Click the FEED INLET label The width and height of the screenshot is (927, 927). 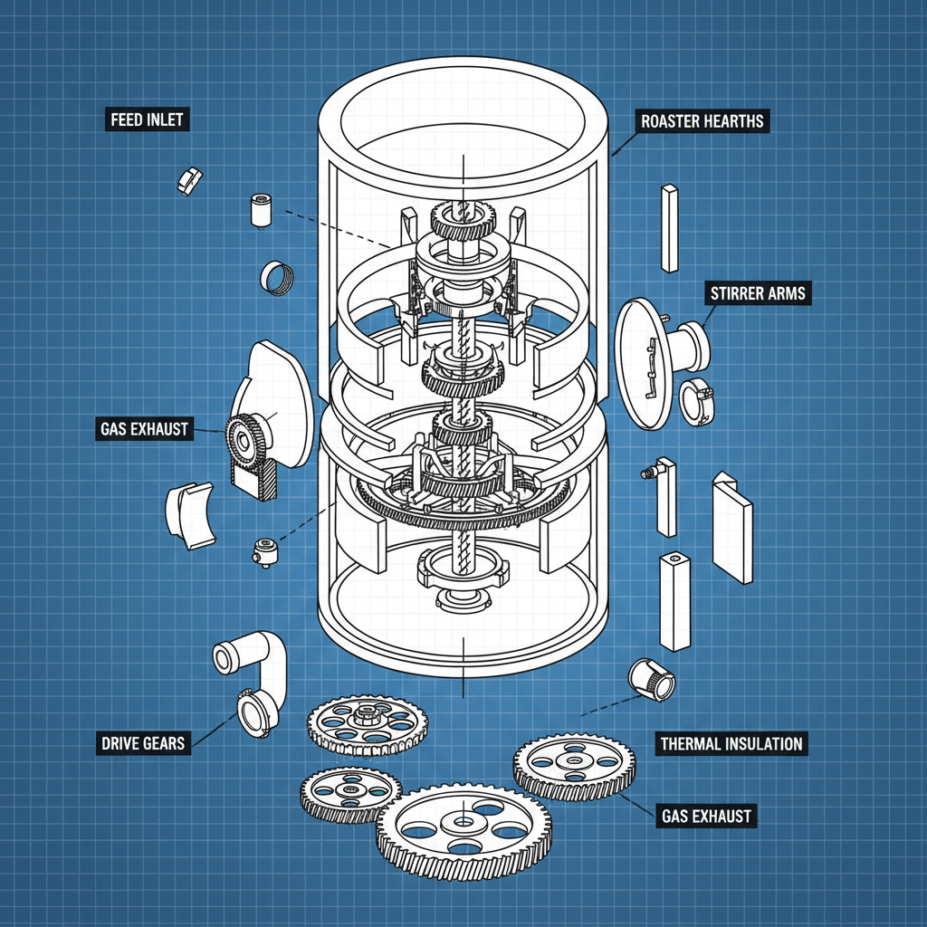(x=145, y=119)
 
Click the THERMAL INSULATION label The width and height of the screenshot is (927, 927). (x=731, y=744)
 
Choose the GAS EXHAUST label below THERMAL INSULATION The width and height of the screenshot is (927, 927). (x=706, y=817)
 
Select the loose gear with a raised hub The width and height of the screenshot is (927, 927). (x=368, y=722)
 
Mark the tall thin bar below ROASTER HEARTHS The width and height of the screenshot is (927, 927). (x=669, y=227)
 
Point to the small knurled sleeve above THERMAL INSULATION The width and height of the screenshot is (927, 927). (x=652, y=679)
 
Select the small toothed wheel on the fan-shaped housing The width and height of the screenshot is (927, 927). (x=240, y=436)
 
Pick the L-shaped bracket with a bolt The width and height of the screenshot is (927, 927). (x=663, y=493)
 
